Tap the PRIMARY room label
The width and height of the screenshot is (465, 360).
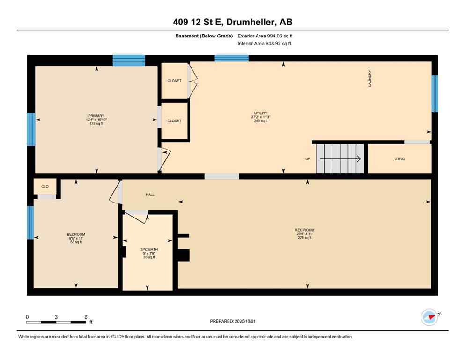[x=96, y=116]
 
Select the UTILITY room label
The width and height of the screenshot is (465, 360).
[x=260, y=113]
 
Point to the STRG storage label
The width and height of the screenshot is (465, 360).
[x=399, y=159]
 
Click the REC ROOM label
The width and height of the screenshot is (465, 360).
[x=304, y=230]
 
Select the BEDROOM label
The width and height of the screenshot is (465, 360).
[x=76, y=234]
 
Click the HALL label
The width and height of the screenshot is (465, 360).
[x=150, y=195]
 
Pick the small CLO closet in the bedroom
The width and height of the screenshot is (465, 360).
[x=45, y=187]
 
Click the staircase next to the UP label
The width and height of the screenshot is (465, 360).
[x=340, y=159]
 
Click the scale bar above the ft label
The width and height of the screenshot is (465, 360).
[x=56, y=322]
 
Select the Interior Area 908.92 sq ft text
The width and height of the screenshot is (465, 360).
[x=264, y=44]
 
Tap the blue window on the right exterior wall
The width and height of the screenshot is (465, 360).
[x=435, y=93]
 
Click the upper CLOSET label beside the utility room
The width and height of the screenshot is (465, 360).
[x=174, y=81]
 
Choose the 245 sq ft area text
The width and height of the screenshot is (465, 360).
[x=260, y=121]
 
